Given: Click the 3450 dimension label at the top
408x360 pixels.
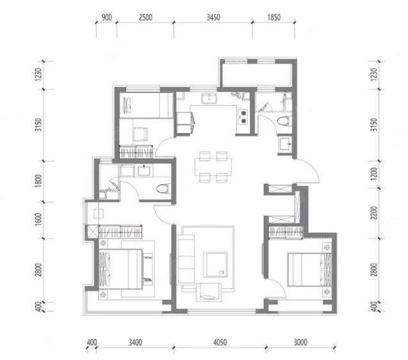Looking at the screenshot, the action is (x=213, y=17).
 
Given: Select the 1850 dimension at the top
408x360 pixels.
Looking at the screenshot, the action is (x=273, y=17).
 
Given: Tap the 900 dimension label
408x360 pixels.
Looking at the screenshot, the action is (x=107, y=17).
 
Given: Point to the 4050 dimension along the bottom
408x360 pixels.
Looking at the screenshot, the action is (x=220, y=342).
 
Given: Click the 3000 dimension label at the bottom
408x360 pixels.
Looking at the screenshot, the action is (x=300, y=342).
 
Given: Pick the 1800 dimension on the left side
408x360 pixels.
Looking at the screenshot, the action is (x=38, y=181).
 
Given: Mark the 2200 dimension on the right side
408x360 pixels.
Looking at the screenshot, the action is (x=374, y=213).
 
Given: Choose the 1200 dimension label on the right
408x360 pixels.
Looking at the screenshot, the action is (x=374, y=174).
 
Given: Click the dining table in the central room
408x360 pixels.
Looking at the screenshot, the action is (x=213, y=167).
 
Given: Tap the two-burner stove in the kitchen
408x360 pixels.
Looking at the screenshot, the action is (x=243, y=117).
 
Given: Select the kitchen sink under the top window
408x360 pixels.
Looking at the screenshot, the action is (x=209, y=99).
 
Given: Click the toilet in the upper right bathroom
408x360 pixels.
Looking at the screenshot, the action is (x=283, y=121).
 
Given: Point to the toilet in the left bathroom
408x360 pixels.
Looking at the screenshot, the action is (x=164, y=188).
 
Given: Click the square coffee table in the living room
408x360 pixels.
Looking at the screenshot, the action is (x=215, y=265).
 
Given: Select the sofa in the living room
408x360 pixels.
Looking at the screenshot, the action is (x=186, y=259).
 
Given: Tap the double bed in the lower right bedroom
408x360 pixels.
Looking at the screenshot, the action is (x=309, y=270).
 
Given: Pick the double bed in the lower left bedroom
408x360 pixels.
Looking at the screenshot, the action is (x=120, y=269).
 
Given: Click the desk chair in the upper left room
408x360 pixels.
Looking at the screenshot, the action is (x=140, y=134).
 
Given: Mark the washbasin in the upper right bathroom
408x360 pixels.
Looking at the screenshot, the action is (x=285, y=143).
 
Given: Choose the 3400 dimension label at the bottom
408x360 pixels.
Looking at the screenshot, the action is (x=135, y=342).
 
